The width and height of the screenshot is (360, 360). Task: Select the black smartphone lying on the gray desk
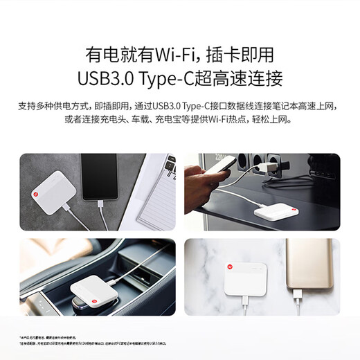point(99,179)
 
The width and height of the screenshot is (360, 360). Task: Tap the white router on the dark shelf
point(277,213)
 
